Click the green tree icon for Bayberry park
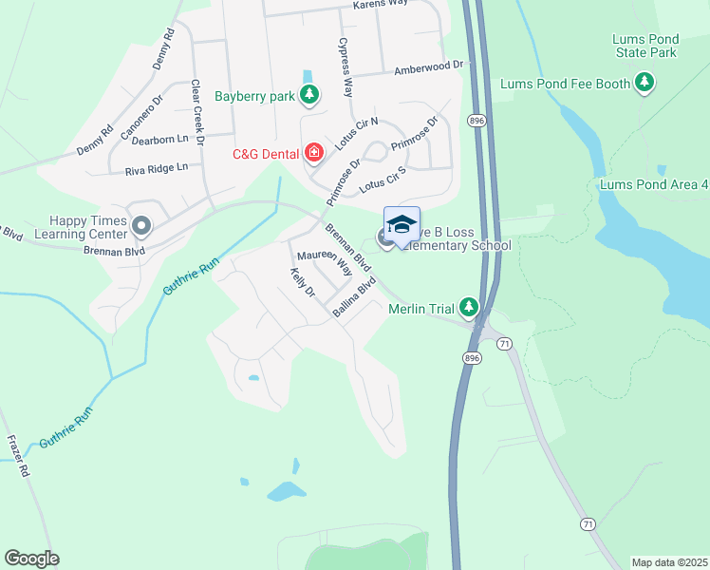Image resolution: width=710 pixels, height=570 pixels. coord(308,94)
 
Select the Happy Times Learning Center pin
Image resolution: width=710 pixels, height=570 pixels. coord(141,226)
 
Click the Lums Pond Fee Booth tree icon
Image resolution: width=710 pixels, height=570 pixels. coord(645,84)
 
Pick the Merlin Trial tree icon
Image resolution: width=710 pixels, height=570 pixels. coord(468,307)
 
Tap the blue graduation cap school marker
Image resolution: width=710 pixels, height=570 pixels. coord(402,224)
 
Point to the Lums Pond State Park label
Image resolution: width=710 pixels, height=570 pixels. coord(645,46)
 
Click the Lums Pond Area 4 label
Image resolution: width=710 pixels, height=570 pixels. coord(654,183)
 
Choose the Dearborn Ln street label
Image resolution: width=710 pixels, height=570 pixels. coord(160,139)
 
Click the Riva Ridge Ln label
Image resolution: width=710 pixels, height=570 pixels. coord(157,168)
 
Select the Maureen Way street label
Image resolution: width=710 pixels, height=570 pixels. coord(324,262)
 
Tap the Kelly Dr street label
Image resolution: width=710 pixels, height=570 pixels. coord(302,282)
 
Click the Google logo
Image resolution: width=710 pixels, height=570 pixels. coord(31,559)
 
